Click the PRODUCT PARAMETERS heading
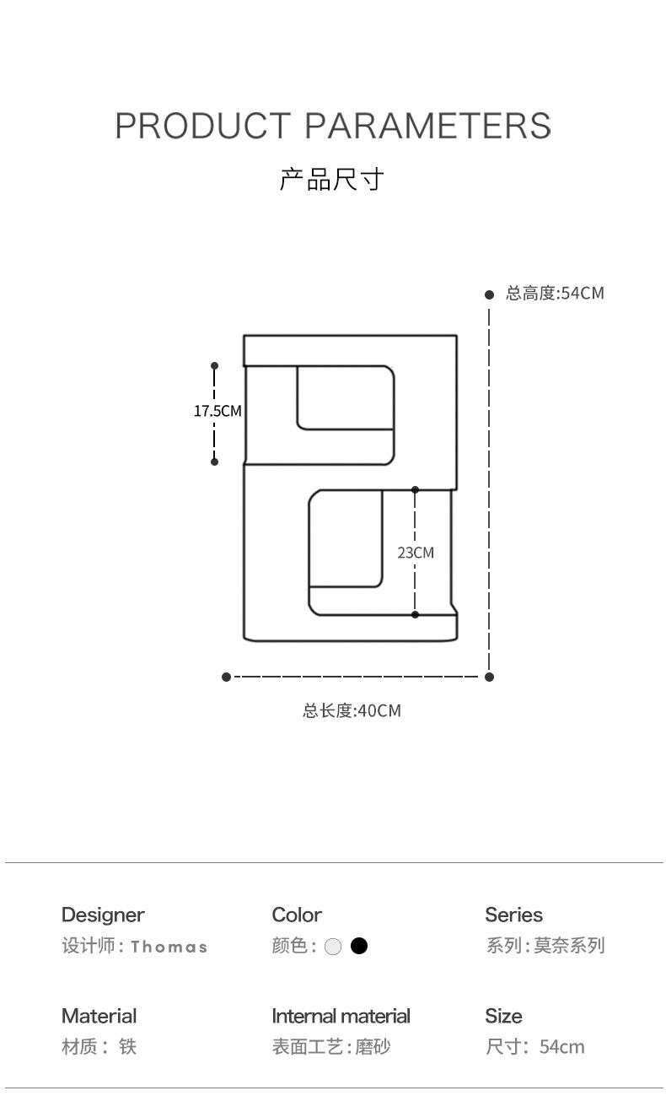[x=333, y=127]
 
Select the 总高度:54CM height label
[x=555, y=294]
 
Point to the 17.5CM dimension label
[x=217, y=411]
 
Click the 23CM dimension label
[x=416, y=553]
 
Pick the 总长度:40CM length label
[x=352, y=710]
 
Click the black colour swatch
[x=359, y=946]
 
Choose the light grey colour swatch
[x=333, y=947]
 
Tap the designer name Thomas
[x=169, y=947]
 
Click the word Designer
[x=103, y=915]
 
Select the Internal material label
[x=341, y=1016]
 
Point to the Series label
[x=513, y=915]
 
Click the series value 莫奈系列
[x=569, y=946]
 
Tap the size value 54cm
[x=561, y=1047]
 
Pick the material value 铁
[x=127, y=1047]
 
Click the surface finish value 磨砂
[x=373, y=1047]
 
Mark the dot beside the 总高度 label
[x=489, y=294]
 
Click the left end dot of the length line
[x=226, y=677]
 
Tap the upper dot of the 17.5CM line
[x=214, y=366]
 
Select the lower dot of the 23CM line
[x=415, y=614]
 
